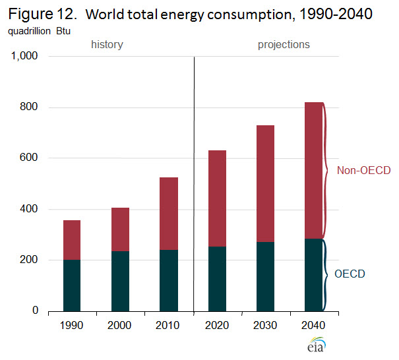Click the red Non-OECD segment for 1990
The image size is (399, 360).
[x=71, y=240]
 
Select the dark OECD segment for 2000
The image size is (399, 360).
[x=120, y=280]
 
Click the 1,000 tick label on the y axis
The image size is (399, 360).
[x=25, y=57]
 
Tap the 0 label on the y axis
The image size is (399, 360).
[x=36, y=311]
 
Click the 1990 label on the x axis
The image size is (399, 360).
[x=71, y=326]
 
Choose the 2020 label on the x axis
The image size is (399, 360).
[x=217, y=326]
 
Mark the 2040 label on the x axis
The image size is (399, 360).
[x=313, y=326]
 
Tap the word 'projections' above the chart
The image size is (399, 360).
[x=284, y=45]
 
